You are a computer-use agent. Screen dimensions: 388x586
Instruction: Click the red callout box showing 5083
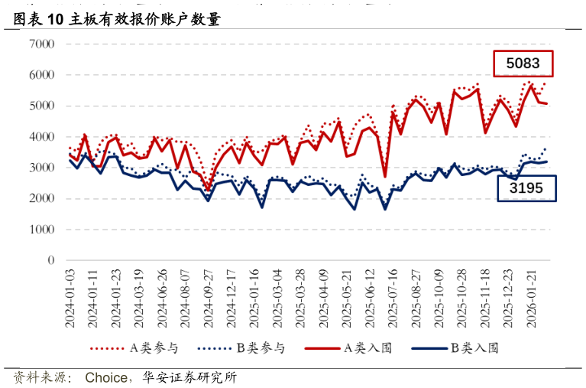tap(523, 64)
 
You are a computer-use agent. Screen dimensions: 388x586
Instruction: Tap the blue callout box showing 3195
tap(526, 188)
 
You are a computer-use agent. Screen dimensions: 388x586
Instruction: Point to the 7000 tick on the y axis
tap(41, 44)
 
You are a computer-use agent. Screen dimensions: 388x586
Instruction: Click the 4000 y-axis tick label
tap(41, 137)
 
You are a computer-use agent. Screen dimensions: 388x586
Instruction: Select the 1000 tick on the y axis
tap(41, 230)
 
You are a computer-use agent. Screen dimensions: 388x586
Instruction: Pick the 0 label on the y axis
tap(51, 260)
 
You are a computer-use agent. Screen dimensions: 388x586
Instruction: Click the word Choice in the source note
tap(106, 377)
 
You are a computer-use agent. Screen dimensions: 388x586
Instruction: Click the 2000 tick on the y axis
tap(41, 199)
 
